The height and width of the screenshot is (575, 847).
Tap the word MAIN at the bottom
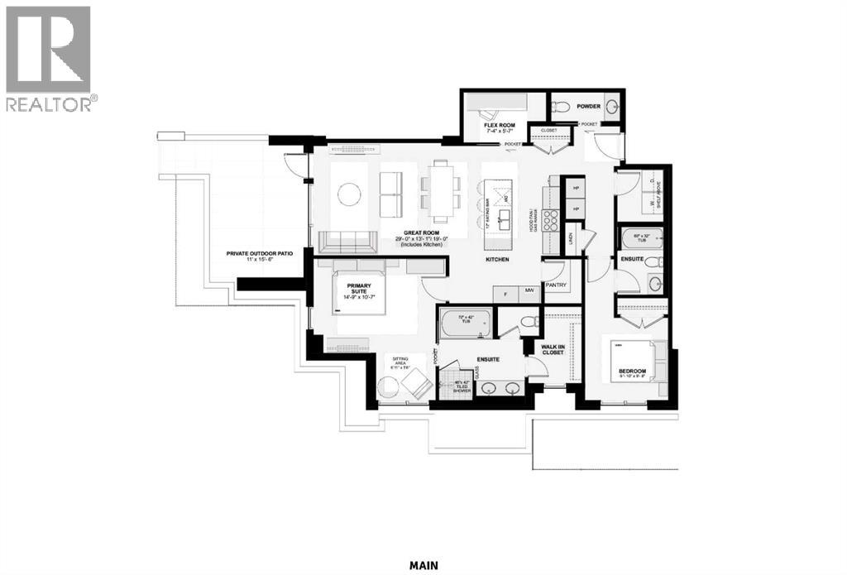point(423,566)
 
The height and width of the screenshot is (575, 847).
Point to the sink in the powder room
point(612,107)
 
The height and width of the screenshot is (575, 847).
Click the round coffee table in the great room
point(349,194)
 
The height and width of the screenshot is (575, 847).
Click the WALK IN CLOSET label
point(552,349)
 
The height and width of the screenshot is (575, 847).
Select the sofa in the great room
point(340,242)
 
